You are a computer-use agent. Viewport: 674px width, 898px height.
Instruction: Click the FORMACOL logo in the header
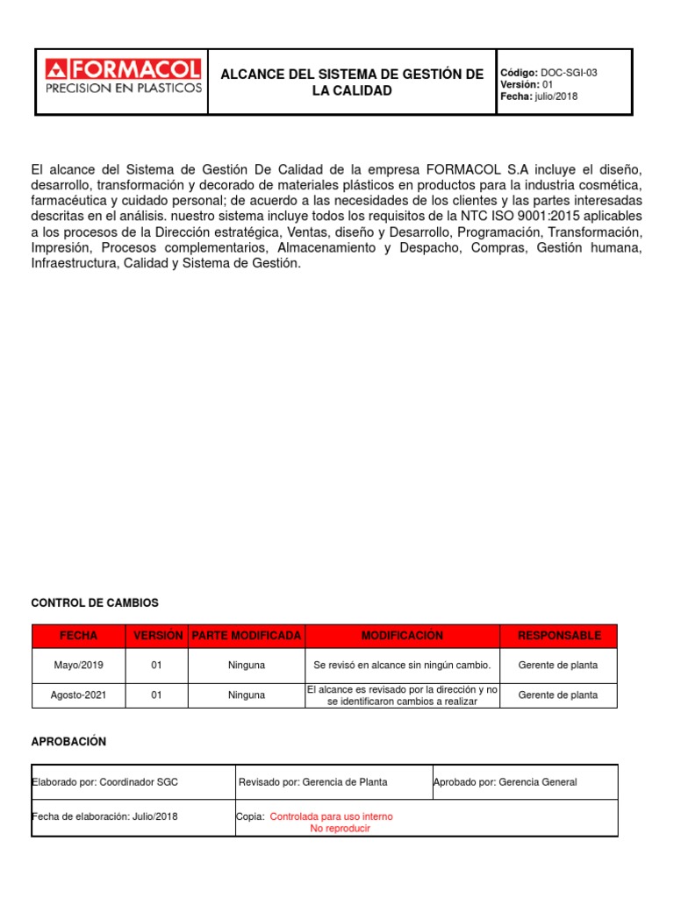(123, 76)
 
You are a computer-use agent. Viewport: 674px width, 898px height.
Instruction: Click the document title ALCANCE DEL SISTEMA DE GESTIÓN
(352, 82)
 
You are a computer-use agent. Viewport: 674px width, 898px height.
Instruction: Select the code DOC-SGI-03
(569, 73)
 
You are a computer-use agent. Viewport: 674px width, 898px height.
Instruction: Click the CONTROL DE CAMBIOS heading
(95, 603)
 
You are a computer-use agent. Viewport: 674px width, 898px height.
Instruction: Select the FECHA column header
(78, 636)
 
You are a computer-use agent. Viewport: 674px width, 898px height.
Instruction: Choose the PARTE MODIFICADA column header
(246, 636)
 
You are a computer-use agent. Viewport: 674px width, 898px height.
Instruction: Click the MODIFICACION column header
(402, 636)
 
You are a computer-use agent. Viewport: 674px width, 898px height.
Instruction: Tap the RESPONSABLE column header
(558, 636)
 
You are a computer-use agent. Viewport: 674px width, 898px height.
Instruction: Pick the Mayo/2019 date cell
(78, 666)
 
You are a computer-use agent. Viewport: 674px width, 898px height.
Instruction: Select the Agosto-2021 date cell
(78, 695)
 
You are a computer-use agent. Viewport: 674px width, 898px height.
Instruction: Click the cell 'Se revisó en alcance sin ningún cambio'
(402, 666)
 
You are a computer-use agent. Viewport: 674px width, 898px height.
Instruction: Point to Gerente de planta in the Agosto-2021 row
(558, 695)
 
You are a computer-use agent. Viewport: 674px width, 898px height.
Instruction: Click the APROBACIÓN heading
(68, 742)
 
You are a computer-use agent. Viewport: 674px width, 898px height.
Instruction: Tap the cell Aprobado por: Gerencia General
(505, 782)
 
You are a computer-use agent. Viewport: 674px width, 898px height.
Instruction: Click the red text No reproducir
(341, 829)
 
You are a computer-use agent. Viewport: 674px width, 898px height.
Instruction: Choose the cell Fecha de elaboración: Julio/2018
(104, 816)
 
